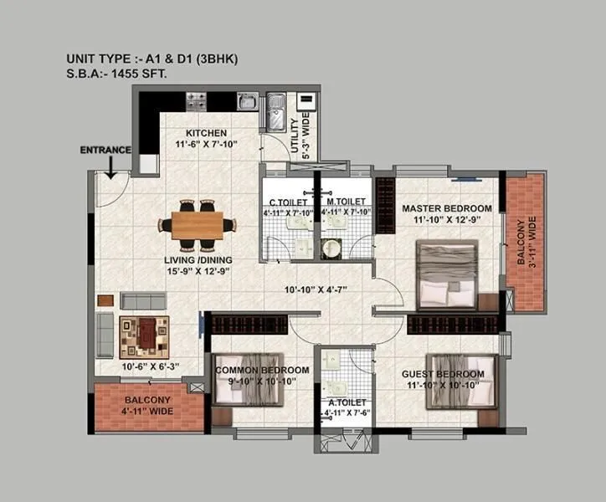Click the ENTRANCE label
[105, 150]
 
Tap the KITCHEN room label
[206, 133]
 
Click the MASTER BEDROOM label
[446, 207]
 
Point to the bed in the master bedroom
[445, 273]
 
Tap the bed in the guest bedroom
[459, 382]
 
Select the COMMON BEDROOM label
[262, 370]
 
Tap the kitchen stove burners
[197, 101]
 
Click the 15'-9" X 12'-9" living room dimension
[197, 270]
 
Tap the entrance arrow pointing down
[110, 168]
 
